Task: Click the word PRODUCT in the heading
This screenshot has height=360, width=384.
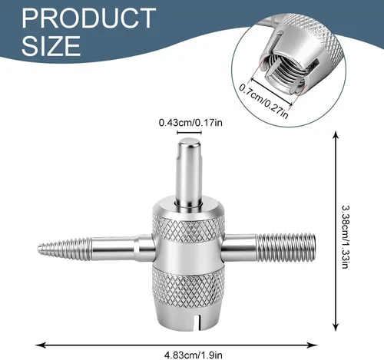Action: point(88,18)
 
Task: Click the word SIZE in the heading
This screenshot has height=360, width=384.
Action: point(51,45)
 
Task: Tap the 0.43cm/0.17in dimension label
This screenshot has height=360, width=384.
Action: point(190,123)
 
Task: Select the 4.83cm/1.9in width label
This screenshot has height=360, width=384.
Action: point(194,355)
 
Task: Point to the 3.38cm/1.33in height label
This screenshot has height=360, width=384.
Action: point(346,237)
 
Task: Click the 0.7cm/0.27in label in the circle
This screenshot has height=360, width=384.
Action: point(264,101)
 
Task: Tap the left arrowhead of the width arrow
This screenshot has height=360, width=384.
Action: point(41,345)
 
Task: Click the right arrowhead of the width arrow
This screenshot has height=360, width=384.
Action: point(313,345)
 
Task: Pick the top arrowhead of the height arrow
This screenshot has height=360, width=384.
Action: point(336,135)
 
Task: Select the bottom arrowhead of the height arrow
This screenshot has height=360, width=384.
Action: point(336,327)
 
